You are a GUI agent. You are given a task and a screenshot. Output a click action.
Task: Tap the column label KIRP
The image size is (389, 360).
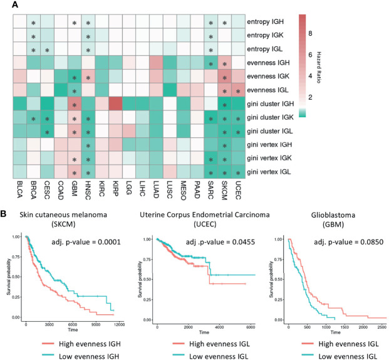click(x=116, y=186)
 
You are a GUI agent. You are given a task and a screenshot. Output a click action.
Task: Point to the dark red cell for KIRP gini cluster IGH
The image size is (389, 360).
click(x=116, y=104)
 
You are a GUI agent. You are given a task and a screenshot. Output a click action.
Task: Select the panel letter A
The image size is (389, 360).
click(x=5, y=5)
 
